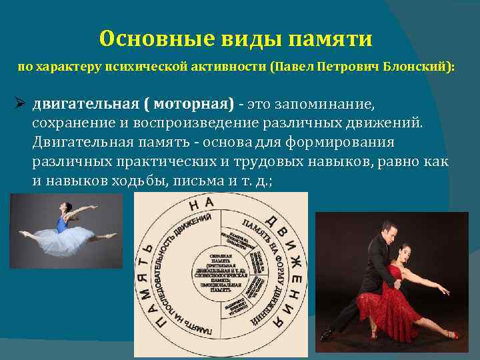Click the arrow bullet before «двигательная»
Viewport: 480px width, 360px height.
tap(20, 105)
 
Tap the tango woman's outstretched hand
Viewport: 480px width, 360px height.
tap(444, 291)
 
